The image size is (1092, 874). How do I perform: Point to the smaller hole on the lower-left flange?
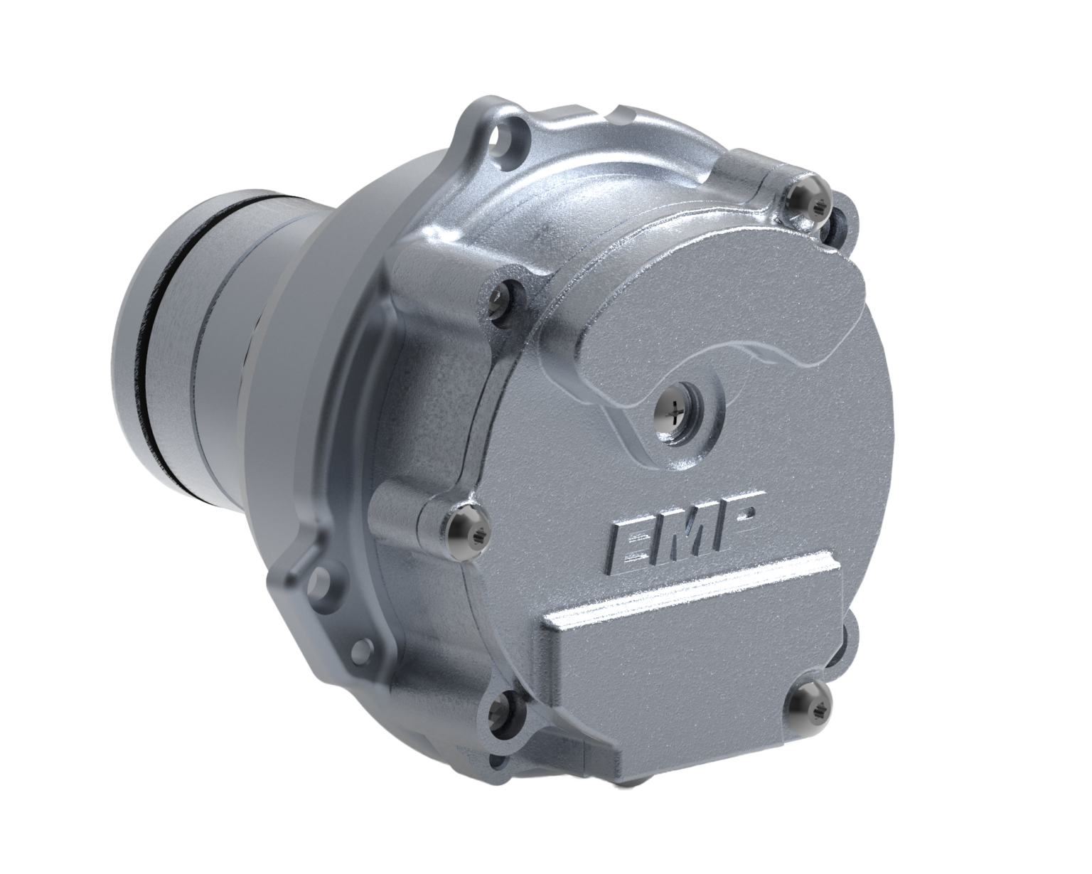(x=363, y=646)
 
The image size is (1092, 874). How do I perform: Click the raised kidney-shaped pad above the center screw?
(x=718, y=306)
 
